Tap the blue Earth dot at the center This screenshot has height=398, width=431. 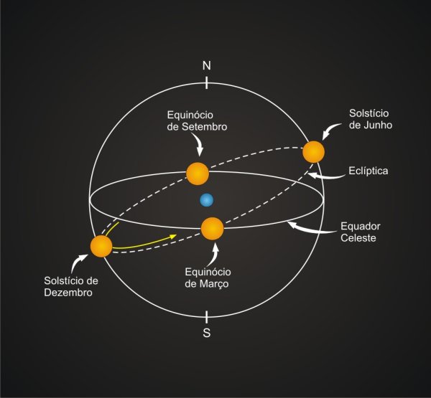pyautogui.click(x=207, y=200)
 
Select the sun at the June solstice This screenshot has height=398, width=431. pyautogui.click(x=313, y=152)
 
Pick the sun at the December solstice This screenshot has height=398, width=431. pyautogui.click(x=101, y=246)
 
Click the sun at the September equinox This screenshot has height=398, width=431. pyautogui.click(x=198, y=173)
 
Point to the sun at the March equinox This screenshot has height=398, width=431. pyautogui.click(x=212, y=229)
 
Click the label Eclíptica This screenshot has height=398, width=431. pyautogui.click(x=368, y=171)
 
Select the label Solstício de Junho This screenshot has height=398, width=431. pyautogui.click(x=371, y=119)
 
